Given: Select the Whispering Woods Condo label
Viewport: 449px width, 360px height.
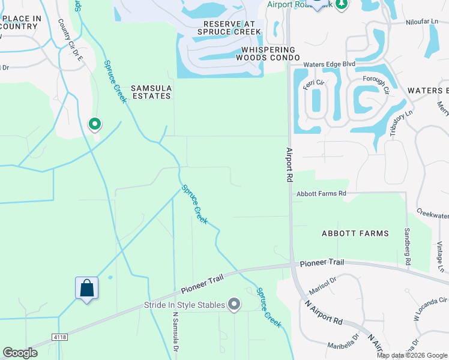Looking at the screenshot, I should (268, 53).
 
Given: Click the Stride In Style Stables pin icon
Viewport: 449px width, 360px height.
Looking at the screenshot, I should (235, 305).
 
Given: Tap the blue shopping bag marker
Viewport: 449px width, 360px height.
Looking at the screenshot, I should (86, 288).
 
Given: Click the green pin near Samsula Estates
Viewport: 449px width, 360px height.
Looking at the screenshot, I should (94, 124).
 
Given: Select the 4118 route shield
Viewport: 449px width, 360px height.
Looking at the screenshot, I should (59, 338).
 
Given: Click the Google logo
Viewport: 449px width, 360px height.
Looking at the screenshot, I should (20, 353).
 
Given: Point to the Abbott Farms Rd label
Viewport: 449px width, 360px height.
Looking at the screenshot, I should (321, 194).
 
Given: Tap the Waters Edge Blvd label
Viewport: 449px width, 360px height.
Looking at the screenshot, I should (330, 64).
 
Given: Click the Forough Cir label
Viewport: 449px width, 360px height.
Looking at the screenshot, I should (376, 84).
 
